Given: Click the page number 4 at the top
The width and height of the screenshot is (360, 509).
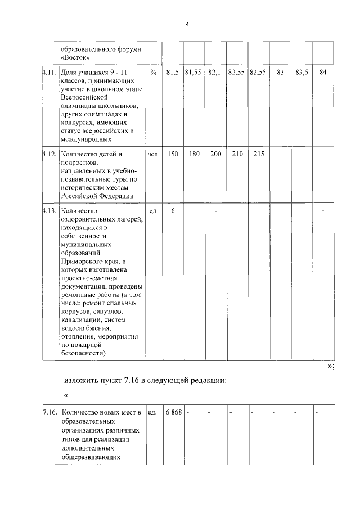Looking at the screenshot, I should point(188,24).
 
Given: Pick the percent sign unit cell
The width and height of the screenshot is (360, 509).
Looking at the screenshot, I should point(154,73).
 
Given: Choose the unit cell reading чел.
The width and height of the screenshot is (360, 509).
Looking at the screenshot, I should point(154,154).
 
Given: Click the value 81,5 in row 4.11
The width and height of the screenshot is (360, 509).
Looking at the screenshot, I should point(173,73).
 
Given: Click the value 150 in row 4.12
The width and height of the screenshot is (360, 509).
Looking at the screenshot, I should point(173,154).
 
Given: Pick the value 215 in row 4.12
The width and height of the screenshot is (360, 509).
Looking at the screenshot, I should point(258,154).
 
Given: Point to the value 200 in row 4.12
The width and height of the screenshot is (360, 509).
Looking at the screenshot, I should point(215,154).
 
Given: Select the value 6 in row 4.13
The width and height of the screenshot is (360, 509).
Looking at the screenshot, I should point(173,210).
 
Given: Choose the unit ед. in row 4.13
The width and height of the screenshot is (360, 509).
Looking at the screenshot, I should point(152,210).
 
